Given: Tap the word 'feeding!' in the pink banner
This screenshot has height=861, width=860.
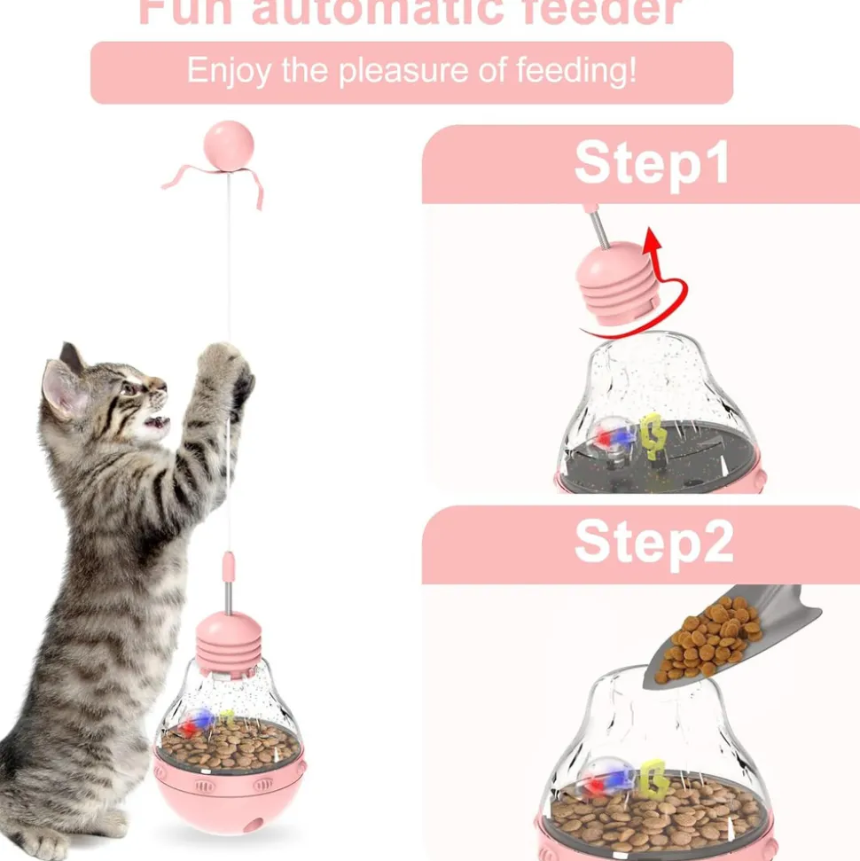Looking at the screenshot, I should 579,72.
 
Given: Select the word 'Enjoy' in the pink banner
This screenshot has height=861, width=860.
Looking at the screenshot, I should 228,72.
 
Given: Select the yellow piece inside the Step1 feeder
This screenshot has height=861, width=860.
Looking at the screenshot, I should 653,434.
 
